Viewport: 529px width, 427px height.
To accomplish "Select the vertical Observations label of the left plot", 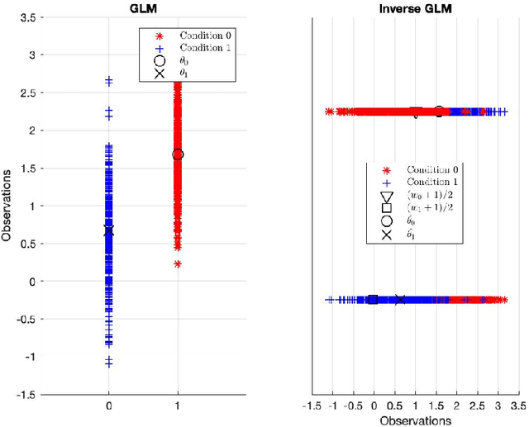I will (x=7, y=205).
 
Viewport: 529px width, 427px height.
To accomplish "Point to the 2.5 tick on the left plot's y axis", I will (x=27, y=93).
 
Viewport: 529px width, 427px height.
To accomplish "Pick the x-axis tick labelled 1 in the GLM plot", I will (x=178, y=406).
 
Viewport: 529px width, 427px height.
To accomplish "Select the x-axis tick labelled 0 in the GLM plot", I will (x=109, y=406).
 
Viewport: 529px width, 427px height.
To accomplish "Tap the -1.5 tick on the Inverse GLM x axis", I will (x=313, y=406).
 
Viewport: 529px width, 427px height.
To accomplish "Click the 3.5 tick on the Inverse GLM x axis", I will (x=517, y=406).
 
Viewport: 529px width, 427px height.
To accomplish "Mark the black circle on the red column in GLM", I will (x=178, y=154).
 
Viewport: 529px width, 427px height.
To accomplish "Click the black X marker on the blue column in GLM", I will (x=109, y=231).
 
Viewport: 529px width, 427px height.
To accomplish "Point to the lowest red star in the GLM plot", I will (x=178, y=264).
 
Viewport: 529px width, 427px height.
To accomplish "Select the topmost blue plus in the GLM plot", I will (x=109, y=80).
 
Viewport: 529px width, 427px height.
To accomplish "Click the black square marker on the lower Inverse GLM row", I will (x=374, y=300).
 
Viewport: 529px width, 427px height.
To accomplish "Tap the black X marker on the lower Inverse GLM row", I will (x=400, y=300).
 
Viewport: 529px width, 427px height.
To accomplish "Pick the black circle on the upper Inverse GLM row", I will (x=439, y=111).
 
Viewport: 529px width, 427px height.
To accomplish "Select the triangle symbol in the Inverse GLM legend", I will (x=386, y=196).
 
